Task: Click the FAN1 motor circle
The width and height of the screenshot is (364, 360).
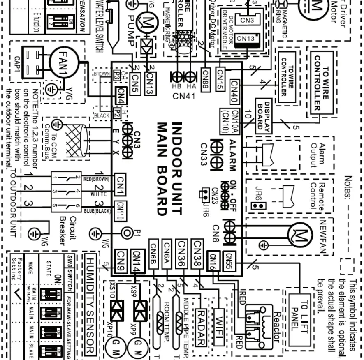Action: coord(63,62)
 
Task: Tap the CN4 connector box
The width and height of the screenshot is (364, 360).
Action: coord(121,96)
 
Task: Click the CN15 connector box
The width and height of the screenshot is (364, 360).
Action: coord(220,75)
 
